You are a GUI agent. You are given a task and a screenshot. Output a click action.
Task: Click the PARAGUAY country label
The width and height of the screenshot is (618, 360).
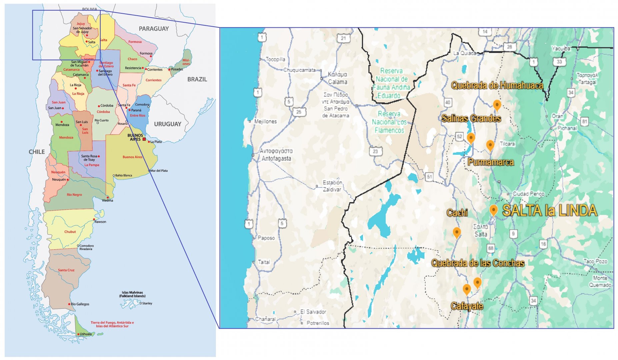pyautogui.click(x=154, y=29)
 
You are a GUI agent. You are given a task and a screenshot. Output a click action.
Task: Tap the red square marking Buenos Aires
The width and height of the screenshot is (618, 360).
pyautogui.click(x=144, y=139)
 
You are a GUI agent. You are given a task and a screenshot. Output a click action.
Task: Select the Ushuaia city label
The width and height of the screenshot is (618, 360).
pyautogui.click(x=85, y=334)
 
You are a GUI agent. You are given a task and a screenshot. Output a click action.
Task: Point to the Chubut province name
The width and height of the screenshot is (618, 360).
pyautogui.click(x=70, y=232)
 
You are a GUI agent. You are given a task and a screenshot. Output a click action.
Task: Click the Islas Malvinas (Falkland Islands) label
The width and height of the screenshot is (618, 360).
pyautogui.click(x=132, y=294)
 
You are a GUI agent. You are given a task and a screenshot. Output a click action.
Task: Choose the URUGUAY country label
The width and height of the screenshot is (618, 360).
pyautogui.click(x=167, y=124)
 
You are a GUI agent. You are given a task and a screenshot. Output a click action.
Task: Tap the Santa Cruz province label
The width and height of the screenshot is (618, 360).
pyautogui.click(x=66, y=270)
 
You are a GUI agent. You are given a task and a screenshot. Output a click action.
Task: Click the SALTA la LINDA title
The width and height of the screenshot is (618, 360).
pyautogui.click(x=549, y=211)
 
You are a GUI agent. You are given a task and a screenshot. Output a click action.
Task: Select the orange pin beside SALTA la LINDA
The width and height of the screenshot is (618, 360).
pyautogui.click(x=493, y=210)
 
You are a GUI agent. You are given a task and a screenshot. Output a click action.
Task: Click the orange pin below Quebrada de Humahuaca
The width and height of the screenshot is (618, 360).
pyautogui.click(x=497, y=105)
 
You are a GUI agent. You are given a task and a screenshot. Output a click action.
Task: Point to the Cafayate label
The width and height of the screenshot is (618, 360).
pyautogui.click(x=467, y=306)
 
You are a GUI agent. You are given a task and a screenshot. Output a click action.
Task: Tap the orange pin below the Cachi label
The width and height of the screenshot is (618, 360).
pyautogui.click(x=457, y=232)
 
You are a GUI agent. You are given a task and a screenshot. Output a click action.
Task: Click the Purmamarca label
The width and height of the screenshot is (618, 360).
pyautogui.click(x=490, y=162)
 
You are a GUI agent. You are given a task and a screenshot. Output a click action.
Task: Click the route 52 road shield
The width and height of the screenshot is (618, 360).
pyautogui.click(x=459, y=136)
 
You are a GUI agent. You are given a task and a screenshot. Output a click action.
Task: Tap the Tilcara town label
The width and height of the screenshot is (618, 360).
pyautogui.click(x=507, y=144)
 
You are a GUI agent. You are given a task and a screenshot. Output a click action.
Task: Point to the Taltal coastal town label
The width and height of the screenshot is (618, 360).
pyautogui.click(x=264, y=262)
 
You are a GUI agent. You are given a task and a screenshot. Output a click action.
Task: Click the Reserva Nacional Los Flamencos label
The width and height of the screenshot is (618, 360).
pyautogui.click(x=389, y=122)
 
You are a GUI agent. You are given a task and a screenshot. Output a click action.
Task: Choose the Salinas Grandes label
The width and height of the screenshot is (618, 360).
pyautogui.click(x=471, y=118)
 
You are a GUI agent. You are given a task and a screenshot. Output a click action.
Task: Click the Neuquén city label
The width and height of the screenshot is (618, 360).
pyautogui.click(x=59, y=179)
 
